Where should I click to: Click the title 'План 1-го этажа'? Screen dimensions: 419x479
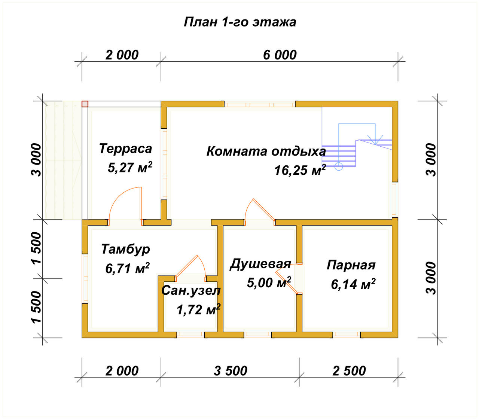coord(240,22)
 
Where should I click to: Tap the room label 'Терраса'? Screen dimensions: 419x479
coord(125,149)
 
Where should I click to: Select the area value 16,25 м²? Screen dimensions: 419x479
coord(300,170)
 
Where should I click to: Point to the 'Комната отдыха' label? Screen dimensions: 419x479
coord(266,151)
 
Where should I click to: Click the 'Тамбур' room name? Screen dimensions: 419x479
coord(125,249)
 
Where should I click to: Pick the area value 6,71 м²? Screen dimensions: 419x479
coord(127,268)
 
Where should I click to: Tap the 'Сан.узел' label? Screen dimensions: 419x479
coord(191,291)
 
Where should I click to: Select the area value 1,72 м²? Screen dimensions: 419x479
coord(198,309)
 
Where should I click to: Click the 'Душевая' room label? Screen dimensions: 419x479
coord(260,264)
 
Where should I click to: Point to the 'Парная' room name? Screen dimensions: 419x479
coord(351,265)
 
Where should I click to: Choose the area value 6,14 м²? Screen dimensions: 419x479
coord(353,284)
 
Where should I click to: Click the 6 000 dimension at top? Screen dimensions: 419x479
coord(280,55)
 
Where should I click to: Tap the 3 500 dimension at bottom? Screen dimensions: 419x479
coord(231,371)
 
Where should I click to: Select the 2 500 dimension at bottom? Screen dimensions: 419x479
coord(349,371)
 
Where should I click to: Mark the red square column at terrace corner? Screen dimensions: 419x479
coord(85,104)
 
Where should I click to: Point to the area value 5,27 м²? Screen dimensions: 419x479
coord(130,167)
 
